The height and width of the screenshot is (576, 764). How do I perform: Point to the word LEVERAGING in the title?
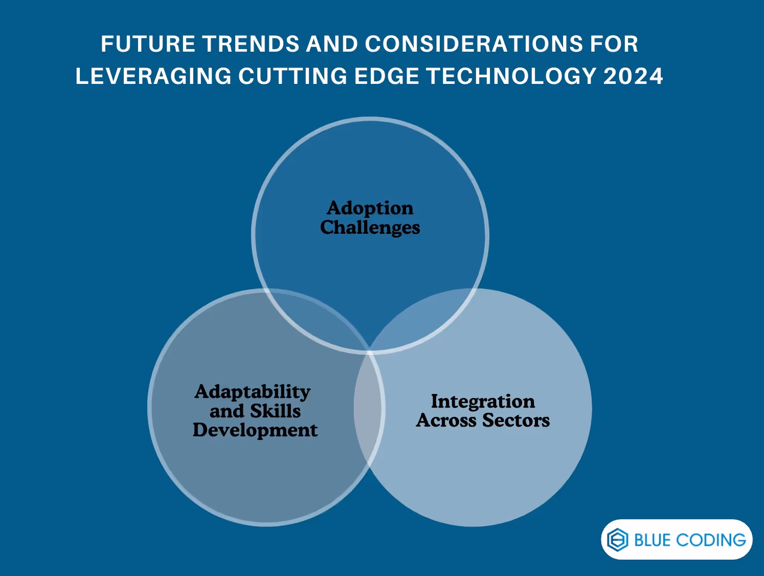pos(153,76)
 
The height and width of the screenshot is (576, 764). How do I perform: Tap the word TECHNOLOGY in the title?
pos(512,76)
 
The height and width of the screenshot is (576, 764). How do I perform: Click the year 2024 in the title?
pos(633,76)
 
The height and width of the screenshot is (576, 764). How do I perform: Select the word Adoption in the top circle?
pos(370,208)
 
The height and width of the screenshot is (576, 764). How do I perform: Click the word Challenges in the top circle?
pos(370,228)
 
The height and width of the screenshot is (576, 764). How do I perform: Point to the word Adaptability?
pos(253,392)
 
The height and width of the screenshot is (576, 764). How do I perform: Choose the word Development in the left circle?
pos(255,430)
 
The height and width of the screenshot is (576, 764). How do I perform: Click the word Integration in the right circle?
pos(483,402)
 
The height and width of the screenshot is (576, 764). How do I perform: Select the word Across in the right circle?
pos(446,420)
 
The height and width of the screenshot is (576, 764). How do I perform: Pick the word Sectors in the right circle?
pos(516,420)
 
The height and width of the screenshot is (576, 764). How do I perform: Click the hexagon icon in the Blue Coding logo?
pos(617,540)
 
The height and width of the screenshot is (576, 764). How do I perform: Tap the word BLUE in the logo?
pos(652,540)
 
